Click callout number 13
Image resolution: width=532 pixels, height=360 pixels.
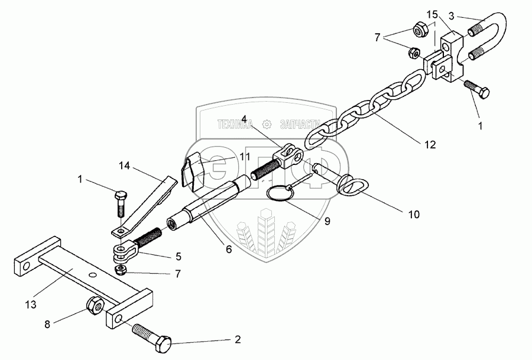(30, 304)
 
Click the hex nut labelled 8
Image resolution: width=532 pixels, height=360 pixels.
(95, 307)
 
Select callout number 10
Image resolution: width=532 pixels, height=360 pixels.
(413, 215)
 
